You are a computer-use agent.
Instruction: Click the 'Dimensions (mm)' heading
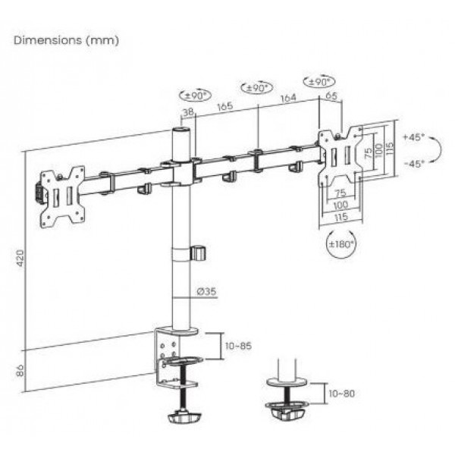(x=67, y=40)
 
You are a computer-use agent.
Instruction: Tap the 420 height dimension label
(x=20, y=258)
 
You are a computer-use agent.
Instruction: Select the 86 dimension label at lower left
(x=20, y=371)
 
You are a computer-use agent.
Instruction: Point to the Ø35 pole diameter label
(x=207, y=291)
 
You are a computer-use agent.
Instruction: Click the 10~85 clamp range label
(x=239, y=346)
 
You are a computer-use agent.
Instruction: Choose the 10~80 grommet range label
(x=341, y=394)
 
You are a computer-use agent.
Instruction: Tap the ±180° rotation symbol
(x=341, y=243)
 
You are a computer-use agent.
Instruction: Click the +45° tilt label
(x=414, y=136)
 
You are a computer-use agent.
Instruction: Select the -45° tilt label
(x=414, y=164)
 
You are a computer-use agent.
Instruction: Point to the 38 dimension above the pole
(x=188, y=111)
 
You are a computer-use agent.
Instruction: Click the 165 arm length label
(x=225, y=106)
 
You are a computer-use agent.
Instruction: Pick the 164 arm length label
(x=288, y=98)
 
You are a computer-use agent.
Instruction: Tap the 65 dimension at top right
(x=331, y=96)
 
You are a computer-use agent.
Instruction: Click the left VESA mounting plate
(x=63, y=197)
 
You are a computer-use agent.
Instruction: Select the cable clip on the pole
(x=198, y=253)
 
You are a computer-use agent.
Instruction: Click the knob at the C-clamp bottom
(x=184, y=418)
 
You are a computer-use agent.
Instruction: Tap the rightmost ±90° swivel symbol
(x=319, y=82)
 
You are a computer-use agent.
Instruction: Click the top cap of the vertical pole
(x=180, y=129)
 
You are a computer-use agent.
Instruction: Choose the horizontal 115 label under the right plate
(x=341, y=217)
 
